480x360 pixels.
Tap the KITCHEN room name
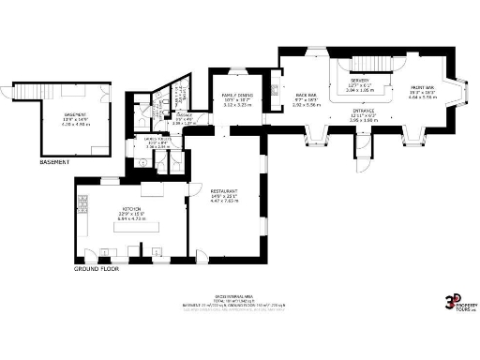(130, 208)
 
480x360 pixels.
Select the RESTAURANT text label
(223, 190)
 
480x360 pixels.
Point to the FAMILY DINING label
(239, 96)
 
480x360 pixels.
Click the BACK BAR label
(306, 96)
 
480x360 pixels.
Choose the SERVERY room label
(359, 82)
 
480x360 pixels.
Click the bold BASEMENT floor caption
(54, 163)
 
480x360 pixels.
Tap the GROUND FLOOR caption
(97, 269)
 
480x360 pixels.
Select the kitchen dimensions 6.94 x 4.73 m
(130, 218)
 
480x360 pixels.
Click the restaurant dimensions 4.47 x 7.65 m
(223, 202)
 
